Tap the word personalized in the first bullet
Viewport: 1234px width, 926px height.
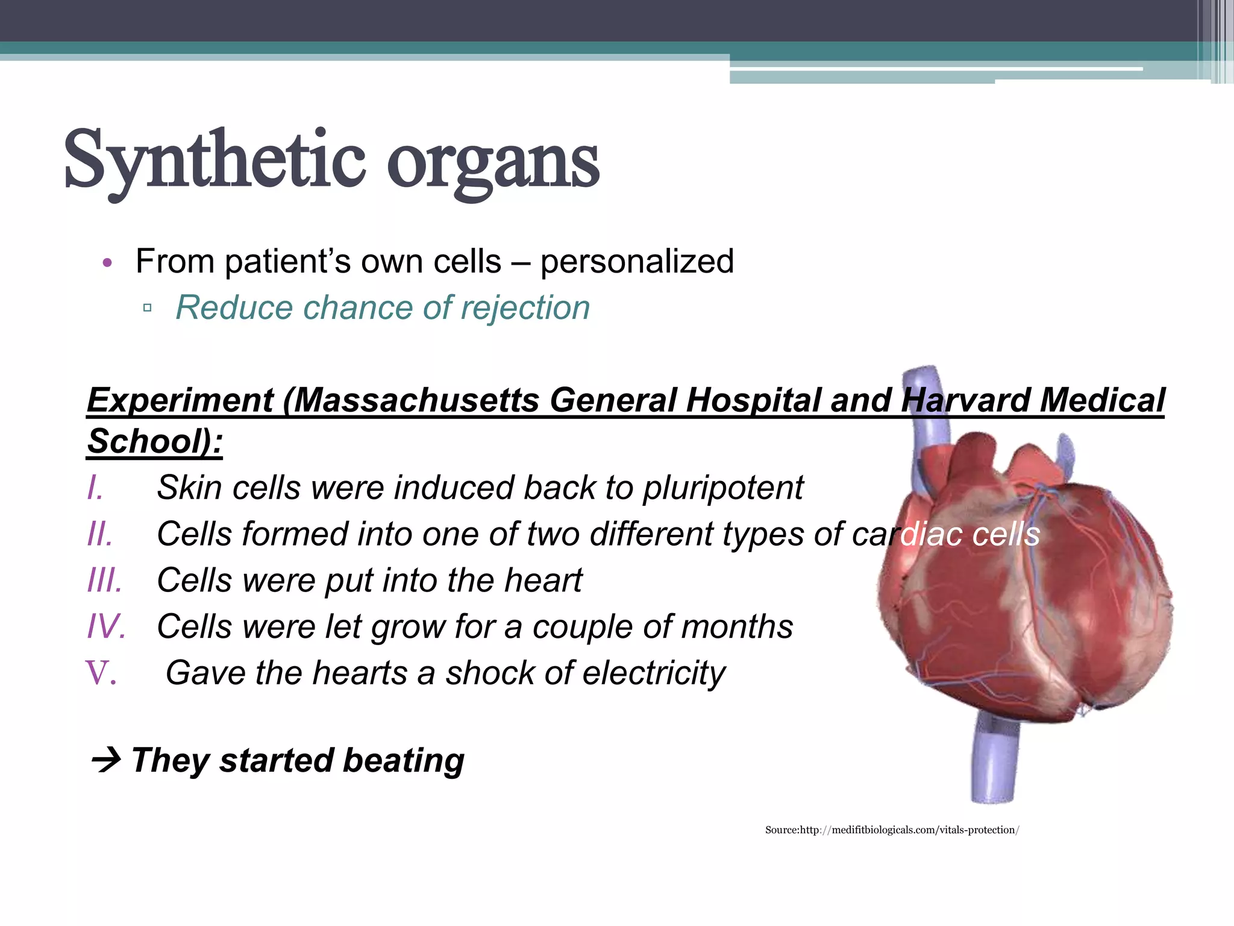click(x=637, y=262)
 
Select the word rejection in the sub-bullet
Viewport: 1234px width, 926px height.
click(x=525, y=308)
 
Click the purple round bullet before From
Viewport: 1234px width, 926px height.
click(x=107, y=263)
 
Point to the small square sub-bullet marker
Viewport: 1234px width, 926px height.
click(x=148, y=308)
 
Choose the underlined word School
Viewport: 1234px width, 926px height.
click(x=145, y=441)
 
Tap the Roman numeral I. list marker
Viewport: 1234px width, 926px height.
click(x=95, y=488)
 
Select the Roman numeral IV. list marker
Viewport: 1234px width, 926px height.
click(x=106, y=627)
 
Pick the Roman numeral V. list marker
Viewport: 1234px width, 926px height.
click(x=101, y=673)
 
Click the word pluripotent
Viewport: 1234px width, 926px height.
click(x=723, y=488)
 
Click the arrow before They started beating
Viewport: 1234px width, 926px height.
click(x=107, y=761)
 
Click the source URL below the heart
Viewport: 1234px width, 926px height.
click(x=892, y=830)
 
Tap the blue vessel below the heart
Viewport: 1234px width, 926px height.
click(x=994, y=760)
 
